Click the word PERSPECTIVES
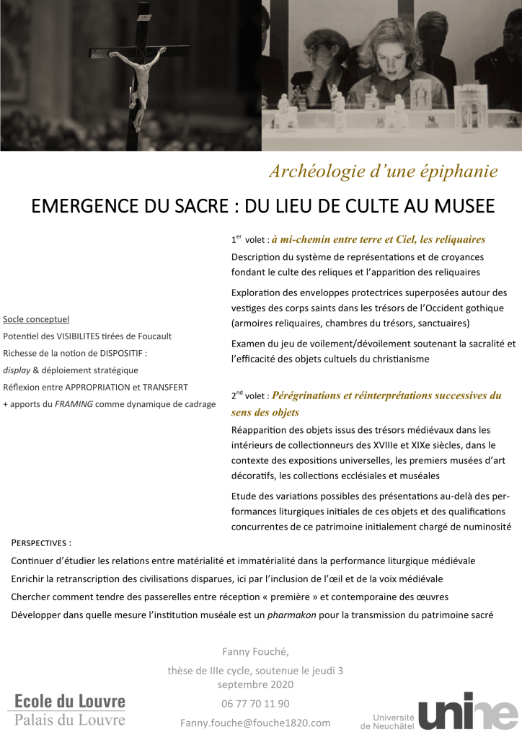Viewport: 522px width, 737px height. [42, 542]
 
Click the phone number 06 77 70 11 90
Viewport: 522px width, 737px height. [255, 703]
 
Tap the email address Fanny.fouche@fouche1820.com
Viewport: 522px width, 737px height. [255, 722]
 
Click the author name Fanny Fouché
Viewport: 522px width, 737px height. [255, 652]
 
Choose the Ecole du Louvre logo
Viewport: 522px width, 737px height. [70, 709]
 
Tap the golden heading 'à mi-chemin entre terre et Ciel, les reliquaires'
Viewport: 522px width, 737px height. [378, 239]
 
